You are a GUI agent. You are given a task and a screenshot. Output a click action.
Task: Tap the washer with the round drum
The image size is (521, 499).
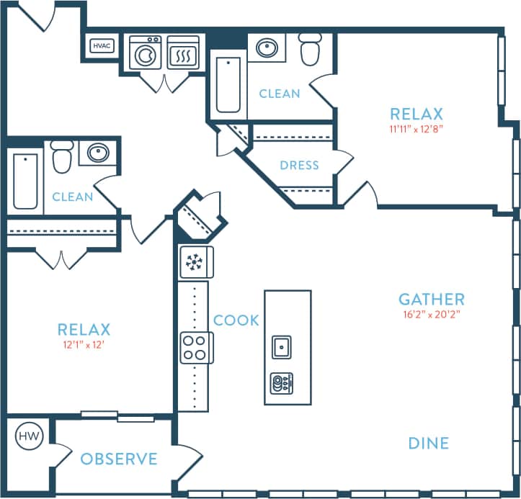tap(145, 53)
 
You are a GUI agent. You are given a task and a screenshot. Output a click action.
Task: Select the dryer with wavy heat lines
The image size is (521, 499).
tap(182, 53)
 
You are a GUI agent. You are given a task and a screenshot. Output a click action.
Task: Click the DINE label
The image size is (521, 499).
tap(428, 444)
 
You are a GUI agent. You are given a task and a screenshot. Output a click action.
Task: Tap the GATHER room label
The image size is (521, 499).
tap(432, 299)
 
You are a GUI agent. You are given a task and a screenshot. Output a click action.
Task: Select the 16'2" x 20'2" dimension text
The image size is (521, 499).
tap(432, 314)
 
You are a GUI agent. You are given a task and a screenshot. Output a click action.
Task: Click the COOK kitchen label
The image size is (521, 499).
tap(236, 320)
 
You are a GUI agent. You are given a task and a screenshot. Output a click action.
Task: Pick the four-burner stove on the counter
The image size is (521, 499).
tap(195, 346)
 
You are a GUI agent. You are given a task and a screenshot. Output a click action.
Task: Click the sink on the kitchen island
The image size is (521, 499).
tap(281, 346)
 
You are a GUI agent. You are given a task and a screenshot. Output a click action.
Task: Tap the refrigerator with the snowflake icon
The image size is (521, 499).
tap(195, 262)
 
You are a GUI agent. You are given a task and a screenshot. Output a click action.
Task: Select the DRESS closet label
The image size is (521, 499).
tap(299, 165)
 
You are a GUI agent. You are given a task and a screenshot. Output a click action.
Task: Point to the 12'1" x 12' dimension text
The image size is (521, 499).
tap(84, 345)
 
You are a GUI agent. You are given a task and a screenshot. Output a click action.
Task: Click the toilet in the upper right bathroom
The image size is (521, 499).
tap(311, 48)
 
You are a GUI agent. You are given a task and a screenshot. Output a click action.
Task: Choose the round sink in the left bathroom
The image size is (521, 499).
tap(98, 153)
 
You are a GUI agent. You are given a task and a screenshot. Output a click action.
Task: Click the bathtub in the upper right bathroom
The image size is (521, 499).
tap(228, 85)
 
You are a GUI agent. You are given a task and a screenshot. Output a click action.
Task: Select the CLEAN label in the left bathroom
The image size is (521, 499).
tap(72, 197)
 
